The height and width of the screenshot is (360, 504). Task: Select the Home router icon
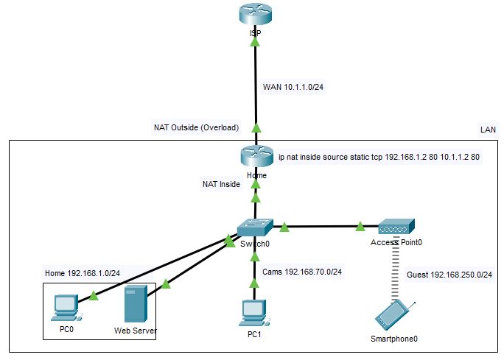click(x=255, y=158)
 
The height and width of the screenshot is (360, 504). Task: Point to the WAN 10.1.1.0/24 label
click(x=293, y=87)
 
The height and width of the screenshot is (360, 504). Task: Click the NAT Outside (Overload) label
click(x=197, y=127)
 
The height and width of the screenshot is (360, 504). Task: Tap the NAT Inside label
click(x=221, y=184)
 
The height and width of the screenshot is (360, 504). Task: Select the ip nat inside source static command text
click(x=379, y=157)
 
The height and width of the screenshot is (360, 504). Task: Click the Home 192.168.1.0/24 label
click(x=82, y=274)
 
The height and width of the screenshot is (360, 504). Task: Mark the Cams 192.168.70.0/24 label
click(x=302, y=272)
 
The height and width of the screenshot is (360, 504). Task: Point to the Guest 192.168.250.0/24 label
click(x=449, y=275)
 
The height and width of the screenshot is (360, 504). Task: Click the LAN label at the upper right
click(x=488, y=130)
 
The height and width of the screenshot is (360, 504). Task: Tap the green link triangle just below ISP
click(x=255, y=43)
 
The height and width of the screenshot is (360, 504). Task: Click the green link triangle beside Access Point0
click(x=360, y=226)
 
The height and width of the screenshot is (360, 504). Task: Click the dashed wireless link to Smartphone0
click(x=396, y=269)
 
